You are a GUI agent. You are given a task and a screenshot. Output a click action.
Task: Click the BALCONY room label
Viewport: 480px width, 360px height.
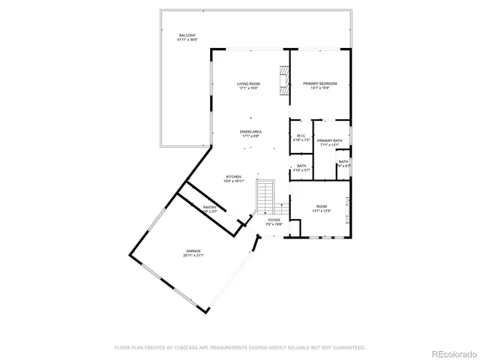click(187, 35)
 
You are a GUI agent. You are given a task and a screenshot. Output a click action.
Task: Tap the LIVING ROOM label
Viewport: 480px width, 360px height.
click(248, 84)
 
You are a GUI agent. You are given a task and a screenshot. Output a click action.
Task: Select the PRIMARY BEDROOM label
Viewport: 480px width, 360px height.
click(319, 83)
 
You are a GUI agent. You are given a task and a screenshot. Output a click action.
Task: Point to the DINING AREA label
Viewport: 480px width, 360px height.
click(250, 131)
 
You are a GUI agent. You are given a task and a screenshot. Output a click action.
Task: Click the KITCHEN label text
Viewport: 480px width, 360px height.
click(233, 177)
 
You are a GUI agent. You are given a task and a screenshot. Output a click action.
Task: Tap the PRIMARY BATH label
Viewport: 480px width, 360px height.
click(329, 141)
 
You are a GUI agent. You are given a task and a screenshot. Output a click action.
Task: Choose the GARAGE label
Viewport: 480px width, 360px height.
click(193, 250)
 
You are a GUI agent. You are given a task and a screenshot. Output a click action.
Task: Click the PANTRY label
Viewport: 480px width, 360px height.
click(209, 207)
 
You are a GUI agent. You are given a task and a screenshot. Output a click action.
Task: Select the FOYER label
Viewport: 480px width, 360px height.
click(274, 220)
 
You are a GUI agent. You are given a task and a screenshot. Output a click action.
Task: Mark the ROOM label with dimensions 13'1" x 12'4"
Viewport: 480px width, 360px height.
click(321, 206)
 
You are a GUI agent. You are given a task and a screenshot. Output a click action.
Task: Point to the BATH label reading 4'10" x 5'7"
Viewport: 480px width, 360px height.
click(301, 166)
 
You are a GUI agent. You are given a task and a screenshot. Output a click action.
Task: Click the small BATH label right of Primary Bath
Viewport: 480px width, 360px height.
click(343, 161)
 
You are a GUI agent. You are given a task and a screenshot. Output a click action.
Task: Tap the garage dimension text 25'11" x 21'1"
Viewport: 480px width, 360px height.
click(193, 256)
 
